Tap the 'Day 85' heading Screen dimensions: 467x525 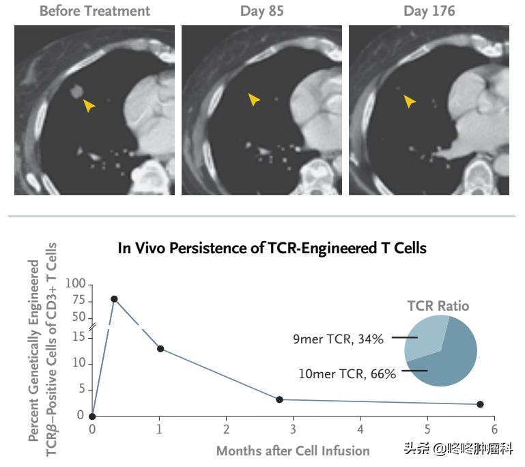tap(262, 11)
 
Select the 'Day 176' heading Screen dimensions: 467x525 tap(429, 11)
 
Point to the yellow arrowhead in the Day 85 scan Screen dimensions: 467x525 tap(254, 100)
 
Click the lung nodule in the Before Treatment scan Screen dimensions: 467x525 tap(77, 90)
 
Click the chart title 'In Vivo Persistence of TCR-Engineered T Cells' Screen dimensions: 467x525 tap(272, 248)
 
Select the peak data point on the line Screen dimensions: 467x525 tap(114, 299)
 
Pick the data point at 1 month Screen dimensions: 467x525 tap(160, 348)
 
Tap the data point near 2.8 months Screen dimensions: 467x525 tap(279, 399)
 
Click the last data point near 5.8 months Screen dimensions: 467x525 tap(480, 404)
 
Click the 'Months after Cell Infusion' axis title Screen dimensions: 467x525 tap(293, 451)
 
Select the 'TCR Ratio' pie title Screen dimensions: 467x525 tap(438, 305)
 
